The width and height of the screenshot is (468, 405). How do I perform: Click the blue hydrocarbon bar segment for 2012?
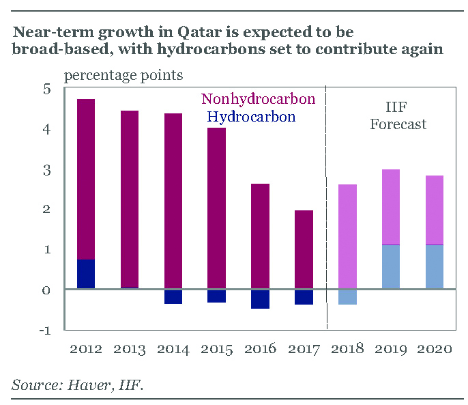coord(86,274)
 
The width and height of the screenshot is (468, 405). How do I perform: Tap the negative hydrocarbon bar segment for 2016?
coord(260,298)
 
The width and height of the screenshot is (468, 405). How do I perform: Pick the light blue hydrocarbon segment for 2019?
coord(390,266)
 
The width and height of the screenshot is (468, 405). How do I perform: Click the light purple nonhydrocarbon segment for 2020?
coord(435,210)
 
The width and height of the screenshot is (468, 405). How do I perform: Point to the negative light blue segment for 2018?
coord(347,296)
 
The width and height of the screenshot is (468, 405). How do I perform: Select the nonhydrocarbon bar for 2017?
coord(304,249)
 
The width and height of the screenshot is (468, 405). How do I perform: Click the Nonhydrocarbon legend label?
coord(259,100)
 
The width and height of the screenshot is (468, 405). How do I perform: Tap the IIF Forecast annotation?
coord(398,115)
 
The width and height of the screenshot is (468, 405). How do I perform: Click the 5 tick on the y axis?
coord(46,89)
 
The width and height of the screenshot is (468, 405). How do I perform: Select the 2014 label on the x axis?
coord(173,349)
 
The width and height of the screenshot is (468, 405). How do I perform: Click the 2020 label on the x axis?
coord(435,349)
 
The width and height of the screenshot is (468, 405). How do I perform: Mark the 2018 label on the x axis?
coord(347,349)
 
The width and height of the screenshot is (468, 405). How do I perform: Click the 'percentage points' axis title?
coord(123,74)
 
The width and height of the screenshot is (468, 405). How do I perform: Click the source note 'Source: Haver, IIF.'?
coord(77,385)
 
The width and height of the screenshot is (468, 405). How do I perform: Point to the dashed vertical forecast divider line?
coord(327,205)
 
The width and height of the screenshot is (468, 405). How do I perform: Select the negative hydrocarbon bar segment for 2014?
coord(173,296)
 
